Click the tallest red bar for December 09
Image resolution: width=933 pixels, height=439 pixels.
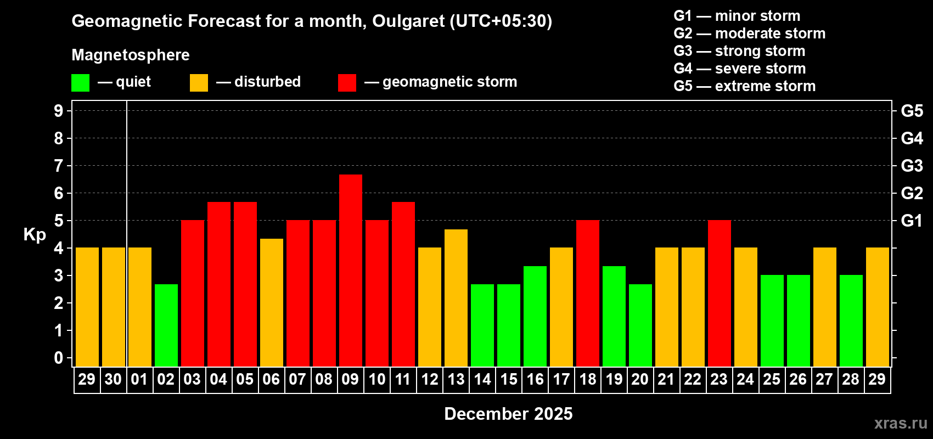click(x=351, y=270)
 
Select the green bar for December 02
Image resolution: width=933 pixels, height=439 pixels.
click(x=166, y=325)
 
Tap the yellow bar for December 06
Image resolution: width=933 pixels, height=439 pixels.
click(x=272, y=302)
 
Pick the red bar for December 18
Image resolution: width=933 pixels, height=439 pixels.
click(x=588, y=293)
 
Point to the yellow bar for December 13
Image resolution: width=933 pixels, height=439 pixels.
click(x=456, y=297)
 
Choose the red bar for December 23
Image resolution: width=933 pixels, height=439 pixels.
click(x=720, y=293)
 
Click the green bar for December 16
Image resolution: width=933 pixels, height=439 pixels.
click(x=535, y=316)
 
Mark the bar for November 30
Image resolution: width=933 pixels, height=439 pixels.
click(x=114, y=307)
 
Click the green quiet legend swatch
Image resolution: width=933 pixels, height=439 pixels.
click(x=81, y=83)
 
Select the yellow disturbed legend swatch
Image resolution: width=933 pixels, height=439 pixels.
click(x=199, y=83)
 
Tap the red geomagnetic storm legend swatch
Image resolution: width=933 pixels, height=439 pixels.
click(x=347, y=83)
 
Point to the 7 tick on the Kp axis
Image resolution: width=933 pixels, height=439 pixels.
click(x=59, y=166)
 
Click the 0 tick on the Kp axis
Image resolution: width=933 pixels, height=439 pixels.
click(x=59, y=358)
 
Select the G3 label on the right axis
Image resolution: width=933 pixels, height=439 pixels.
click(x=912, y=166)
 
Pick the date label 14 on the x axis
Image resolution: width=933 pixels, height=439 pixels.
click(x=482, y=379)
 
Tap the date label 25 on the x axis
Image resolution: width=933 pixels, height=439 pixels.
click(x=772, y=379)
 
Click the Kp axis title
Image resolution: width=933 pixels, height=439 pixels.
click(x=35, y=234)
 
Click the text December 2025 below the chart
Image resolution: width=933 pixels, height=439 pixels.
click(x=508, y=414)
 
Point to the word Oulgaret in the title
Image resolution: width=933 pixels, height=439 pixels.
click(x=408, y=21)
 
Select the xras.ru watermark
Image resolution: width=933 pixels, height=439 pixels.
click(x=901, y=423)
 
